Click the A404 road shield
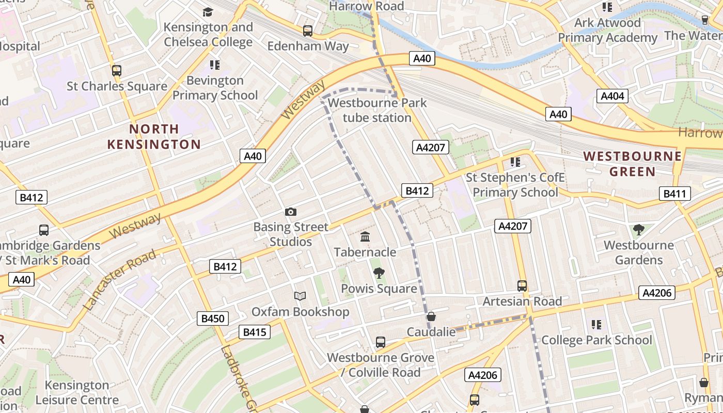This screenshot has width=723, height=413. click(x=613, y=96)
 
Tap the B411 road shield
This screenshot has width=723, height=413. click(x=674, y=194)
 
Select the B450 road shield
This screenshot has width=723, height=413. click(x=212, y=319)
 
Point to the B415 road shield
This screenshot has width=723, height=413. click(x=255, y=332)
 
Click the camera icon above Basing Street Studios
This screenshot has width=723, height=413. click(x=291, y=212)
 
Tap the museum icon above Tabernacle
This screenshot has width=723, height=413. click(x=365, y=237)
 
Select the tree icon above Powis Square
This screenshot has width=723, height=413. click(x=379, y=273)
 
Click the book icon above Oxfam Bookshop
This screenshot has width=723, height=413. click(x=300, y=296)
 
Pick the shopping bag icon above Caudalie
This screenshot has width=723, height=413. click(x=431, y=316)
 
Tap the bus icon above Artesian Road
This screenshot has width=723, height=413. click(x=522, y=286)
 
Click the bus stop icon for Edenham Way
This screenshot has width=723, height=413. click(x=308, y=31)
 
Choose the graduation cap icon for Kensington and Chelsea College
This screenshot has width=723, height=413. click(x=208, y=12)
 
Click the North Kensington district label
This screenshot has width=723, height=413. click(x=154, y=136)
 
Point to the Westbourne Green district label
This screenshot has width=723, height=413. click(x=633, y=164)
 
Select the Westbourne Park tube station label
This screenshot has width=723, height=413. click(x=377, y=110)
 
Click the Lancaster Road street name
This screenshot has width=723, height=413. click(x=119, y=280)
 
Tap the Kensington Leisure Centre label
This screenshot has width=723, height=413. click(x=77, y=392)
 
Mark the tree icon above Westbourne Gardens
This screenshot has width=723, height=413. click(x=639, y=229)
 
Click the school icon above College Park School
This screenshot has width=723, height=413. click(x=596, y=325)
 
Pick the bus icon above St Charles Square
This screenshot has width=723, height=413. click(x=117, y=71)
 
